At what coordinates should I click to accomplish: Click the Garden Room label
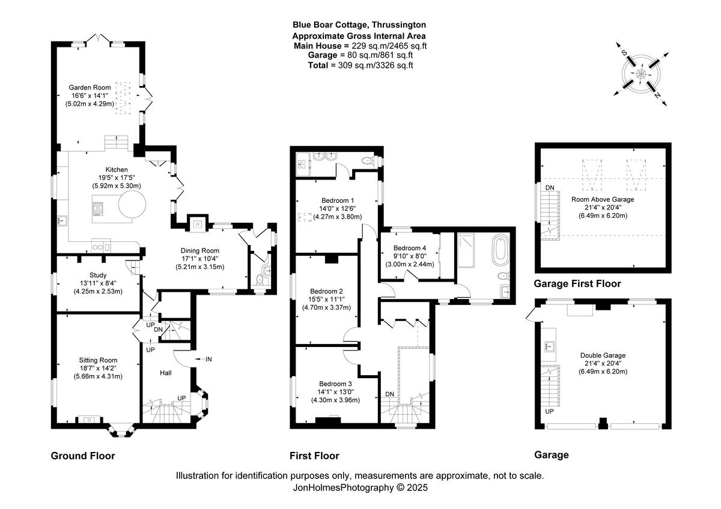tap(90, 88)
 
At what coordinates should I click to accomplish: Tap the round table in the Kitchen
tap(132, 204)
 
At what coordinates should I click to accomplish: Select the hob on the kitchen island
tap(98, 209)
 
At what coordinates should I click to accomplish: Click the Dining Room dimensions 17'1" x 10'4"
tap(200, 259)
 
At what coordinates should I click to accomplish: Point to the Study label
tap(98, 276)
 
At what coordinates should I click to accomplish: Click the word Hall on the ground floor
tap(166, 373)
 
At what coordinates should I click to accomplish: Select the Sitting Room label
tap(98, 360)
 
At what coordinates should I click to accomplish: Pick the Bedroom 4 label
tap(410, 248)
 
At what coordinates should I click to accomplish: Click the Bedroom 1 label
tap(338, 200)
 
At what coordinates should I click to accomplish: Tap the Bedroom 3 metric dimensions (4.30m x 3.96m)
tap(335, 400)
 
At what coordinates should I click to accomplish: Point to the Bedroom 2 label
tap(326, 291)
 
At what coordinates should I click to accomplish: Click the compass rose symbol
tap(641, 74)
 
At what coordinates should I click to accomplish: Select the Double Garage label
tap(603, 355)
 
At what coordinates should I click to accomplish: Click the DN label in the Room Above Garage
tap(550, 187)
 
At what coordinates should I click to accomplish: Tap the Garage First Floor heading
tap(577, 283)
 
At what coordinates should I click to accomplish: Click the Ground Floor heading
tap(83, 456)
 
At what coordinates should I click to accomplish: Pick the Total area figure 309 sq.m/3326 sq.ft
tap(376, 65)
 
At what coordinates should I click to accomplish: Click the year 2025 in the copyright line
tap(417, 487)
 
